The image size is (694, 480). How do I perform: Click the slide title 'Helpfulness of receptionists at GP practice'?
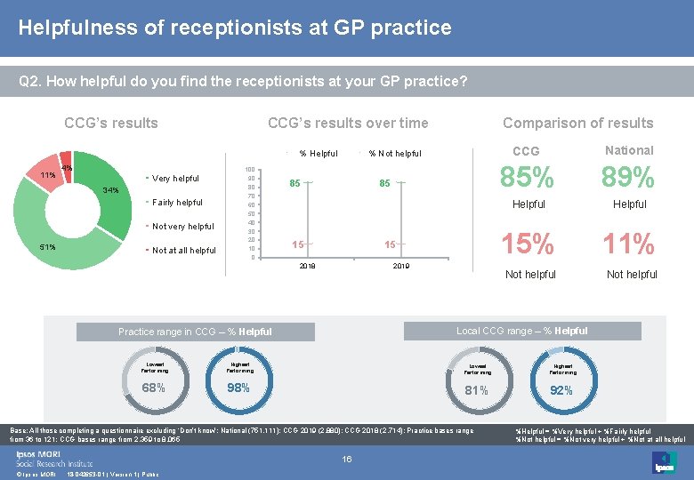click(235, 28)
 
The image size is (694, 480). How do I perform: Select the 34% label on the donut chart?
click(110, 190)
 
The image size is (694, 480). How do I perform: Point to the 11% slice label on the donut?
click(47, 175)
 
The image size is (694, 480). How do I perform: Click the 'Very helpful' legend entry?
click(175, 179)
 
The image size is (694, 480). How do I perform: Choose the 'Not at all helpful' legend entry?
click(183, 251)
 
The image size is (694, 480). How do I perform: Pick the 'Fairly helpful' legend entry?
click(177, 203)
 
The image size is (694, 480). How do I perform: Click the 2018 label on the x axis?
click(307, 266)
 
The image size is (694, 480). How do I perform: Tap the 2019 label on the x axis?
click(400, 266)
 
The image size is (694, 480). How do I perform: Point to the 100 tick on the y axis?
click(251, 170)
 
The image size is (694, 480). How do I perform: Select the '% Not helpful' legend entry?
click(394, 154)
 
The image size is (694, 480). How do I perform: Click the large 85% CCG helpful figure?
click(529, 179)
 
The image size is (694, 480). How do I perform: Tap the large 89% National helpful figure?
click(629, 179)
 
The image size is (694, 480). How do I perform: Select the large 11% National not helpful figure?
click(629, 244)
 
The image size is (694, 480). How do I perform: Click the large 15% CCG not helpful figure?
click(529, 244)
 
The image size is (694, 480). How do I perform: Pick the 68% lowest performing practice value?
click(153, 388)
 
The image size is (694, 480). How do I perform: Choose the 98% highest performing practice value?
click(238, 388)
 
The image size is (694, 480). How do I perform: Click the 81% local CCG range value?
click(476, 389)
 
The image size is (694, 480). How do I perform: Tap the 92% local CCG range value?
click(561, 389)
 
